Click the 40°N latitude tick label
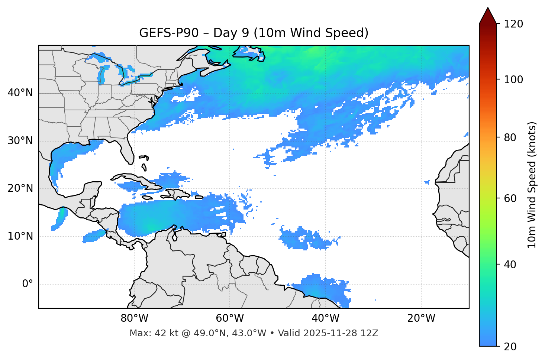click(20, 93)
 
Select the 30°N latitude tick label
click(20, 141)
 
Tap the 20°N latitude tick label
click(20, 188)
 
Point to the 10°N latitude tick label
click(20, 236)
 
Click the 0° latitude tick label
click(27, 284)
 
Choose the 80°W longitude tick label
click(134, 318)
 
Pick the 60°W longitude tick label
click(230, 318)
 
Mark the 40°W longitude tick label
click(325, 318)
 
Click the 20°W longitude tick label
click(421, 318)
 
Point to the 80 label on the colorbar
click(510, 137)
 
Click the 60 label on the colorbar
click(510, 198)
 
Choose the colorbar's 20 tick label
click(510, 347)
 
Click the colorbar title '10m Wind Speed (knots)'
click(532, 185)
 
